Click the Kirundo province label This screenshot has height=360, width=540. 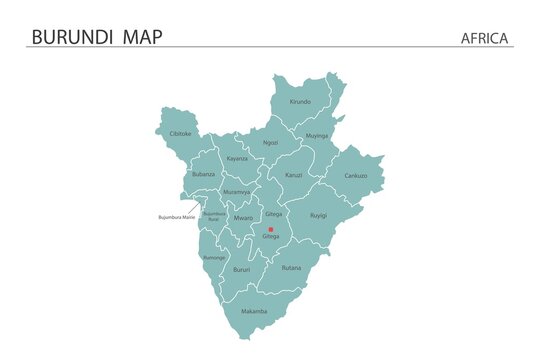300,102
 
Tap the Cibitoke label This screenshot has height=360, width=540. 181,133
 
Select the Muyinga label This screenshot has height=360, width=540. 317,135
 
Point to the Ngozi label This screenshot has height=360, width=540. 271,143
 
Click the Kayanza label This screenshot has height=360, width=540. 237,158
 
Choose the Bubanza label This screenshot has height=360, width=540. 203,174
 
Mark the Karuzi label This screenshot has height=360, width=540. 293,175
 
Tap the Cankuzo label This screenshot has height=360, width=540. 356,175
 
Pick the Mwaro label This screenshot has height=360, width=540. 244,217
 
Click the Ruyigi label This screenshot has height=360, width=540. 318,214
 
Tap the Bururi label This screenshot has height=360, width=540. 241,270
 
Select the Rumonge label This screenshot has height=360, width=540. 214,257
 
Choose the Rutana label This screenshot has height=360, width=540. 291,268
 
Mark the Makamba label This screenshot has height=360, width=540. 254,311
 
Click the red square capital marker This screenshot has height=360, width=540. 271,229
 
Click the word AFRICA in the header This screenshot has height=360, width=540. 485,38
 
